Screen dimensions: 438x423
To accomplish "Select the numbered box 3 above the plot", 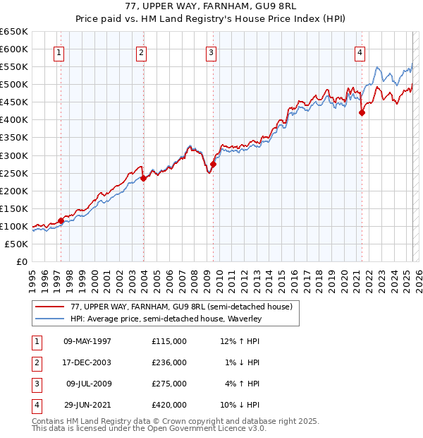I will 211,52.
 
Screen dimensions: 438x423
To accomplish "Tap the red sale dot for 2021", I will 362,112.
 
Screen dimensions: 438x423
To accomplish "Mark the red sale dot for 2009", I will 212,164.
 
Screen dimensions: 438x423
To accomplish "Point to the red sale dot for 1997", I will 61,220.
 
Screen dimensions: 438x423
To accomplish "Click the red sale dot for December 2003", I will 143,178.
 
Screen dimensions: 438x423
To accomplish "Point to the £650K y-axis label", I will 14,32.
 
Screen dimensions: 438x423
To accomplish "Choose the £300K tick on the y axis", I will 14,155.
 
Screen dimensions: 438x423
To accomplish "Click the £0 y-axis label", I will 21,261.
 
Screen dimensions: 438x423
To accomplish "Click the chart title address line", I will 211,8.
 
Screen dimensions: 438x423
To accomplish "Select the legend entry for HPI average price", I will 166,319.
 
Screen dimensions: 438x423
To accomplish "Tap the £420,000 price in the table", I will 169,405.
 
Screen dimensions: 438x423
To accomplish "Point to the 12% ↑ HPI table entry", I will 240,341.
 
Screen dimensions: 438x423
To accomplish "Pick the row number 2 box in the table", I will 36,362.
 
